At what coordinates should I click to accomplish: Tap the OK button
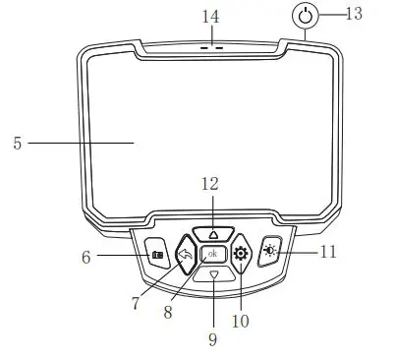[x=213, y=255]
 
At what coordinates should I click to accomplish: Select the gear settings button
[x=241, y=254]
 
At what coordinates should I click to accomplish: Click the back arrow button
[x=185, y=255]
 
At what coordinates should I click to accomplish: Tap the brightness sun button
[x=271, y=252]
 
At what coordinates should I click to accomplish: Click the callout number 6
[x=85, y=258]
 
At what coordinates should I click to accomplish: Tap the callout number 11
[x=327, y=252]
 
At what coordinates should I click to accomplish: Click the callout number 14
[x=209, y=18]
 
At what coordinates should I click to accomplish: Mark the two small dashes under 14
[x=211, y=46]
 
